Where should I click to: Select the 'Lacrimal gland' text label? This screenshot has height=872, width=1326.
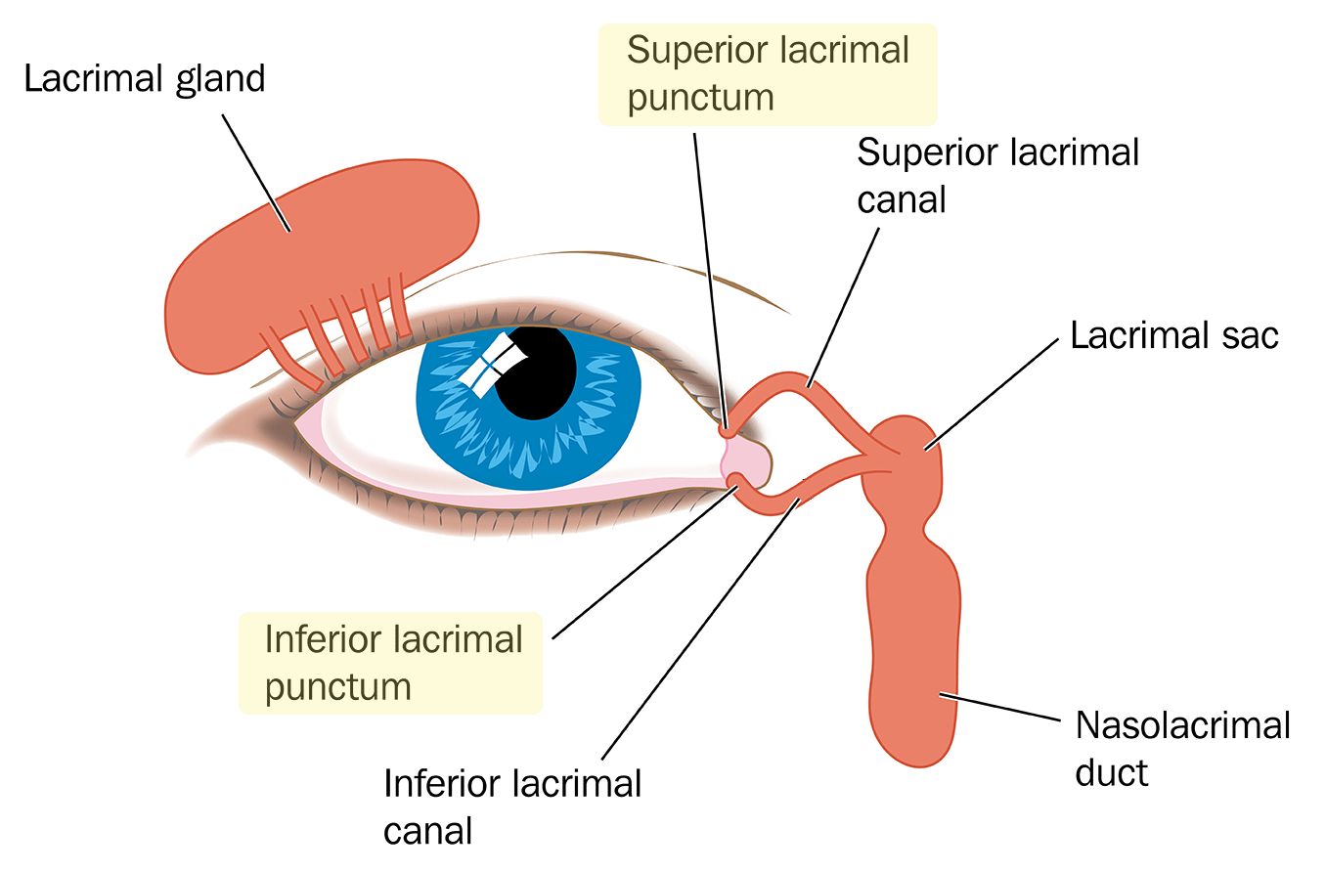point(145,78)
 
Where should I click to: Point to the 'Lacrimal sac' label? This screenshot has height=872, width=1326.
point(1174,335)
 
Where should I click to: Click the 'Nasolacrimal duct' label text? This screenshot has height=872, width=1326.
point(1182,749)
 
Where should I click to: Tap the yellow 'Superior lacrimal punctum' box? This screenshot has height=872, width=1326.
point(768,74)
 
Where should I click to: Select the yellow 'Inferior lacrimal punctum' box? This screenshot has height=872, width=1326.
point(391,663)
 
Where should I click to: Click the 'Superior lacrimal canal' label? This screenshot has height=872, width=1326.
point(997,176)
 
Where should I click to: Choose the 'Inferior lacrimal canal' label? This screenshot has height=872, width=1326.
point(512,807)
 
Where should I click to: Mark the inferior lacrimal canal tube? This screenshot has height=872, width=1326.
point(782,501)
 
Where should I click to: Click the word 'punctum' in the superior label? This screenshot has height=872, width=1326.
point(700,98)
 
